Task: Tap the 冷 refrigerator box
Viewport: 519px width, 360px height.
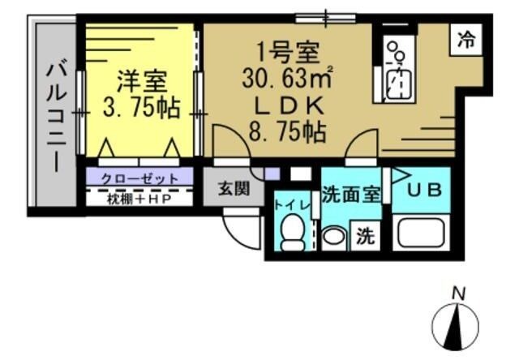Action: pyautogui.click(x=465, y=38)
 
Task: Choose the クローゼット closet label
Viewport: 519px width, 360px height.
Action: pyautogui.click(x=140, y=177)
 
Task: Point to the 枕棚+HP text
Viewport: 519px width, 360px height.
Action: pyautogui.click(x=139, y=198)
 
